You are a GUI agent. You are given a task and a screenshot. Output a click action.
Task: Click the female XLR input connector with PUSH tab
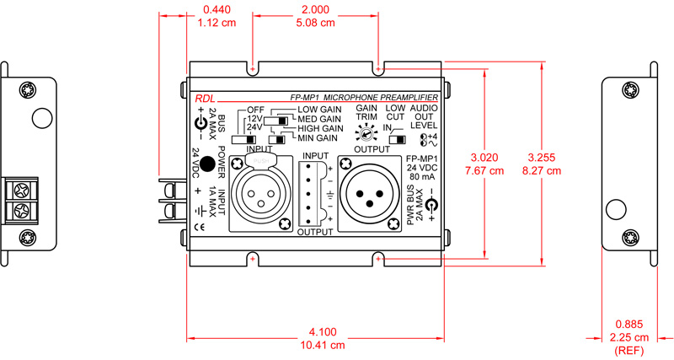259,191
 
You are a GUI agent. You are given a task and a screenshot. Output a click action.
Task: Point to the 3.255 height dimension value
546,158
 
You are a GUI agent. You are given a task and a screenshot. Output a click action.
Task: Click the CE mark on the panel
200,226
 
